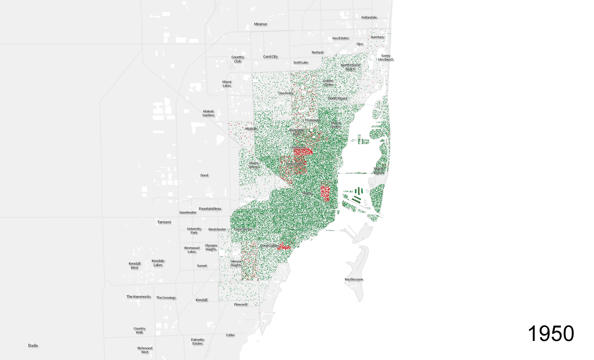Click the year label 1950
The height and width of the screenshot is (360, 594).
pyautogui.click(x=550, y=333)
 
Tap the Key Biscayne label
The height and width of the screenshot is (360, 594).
pyautogui.click(x=354, y=279)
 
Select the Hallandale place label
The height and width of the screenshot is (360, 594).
pyautogui.click(x=369, y=17)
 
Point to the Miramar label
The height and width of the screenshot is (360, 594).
pyautogui.click(x=260, y=24)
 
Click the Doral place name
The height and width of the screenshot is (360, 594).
pyautogui.click(x=204, y=175)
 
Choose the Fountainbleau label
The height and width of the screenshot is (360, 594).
pyautogui.click(x=210, y=209)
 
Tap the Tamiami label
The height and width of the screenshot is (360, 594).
pyautogui.click(x=164, y=222)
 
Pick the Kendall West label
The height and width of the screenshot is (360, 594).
pyautogui.click(x=134, y=266)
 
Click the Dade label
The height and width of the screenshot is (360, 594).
pyautogui.click(x=33, y=346)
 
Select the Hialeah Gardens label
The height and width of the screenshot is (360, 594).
pyautogui.click(x=208, y=113)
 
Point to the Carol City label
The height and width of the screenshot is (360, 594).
pyautogui.click(x=270, y=57)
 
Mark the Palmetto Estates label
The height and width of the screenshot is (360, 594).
pyautogui.click(x=197, y=342)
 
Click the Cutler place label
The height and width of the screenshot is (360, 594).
pyautogui.click(x=230, y=335)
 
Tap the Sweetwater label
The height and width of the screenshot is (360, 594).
pyautogui.click(x=188, y=212)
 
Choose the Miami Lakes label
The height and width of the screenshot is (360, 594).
pyautogui.click(x=226, y=84)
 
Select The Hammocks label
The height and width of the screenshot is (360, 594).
pyautogui.click(x=138, y=297)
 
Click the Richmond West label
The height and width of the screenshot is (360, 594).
pyautogui.click(x=144, y=350)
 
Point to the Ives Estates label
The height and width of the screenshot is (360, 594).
pyautogui.click(x=340, y=38)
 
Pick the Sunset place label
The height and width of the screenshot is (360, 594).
pyautogui.click(x=202, y=266)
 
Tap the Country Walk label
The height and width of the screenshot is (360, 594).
pyautogui.click(x=139, y=330)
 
